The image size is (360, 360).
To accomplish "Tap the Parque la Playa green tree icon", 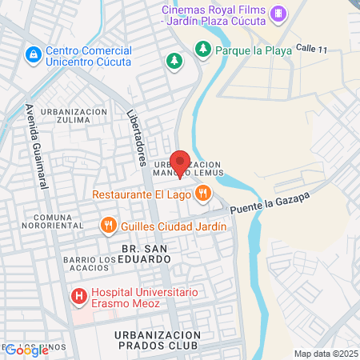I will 203,50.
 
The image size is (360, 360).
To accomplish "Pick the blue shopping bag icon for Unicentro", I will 33,55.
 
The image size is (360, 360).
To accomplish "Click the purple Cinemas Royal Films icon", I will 278,12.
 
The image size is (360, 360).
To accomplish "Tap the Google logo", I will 26,350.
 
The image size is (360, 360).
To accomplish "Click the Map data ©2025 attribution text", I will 326,354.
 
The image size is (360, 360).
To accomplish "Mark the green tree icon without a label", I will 173,61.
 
